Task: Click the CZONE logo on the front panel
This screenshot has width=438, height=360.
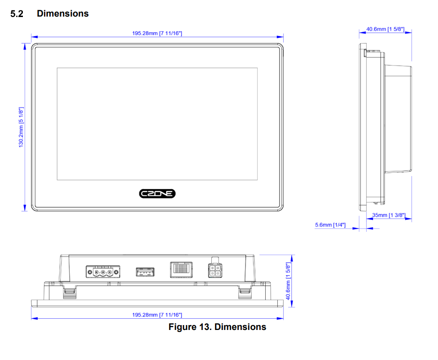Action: coord(157,194)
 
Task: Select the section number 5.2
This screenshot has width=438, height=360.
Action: coord(17,14)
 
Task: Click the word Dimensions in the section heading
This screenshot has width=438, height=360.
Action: coord(63,14)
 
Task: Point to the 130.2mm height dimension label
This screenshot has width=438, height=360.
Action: coord(21,126)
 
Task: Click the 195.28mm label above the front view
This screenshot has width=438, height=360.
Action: coord(157,33)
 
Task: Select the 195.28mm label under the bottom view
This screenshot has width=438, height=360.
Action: coord(157,315)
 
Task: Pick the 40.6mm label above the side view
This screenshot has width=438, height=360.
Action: coord(385,29)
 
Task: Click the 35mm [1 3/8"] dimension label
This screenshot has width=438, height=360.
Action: coord(389,215)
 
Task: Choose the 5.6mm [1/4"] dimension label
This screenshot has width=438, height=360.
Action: coord(330,224)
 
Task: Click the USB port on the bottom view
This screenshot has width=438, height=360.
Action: coord(145,272)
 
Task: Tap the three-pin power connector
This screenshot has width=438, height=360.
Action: coord(103,272)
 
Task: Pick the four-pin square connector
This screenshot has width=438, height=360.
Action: coord(214,271)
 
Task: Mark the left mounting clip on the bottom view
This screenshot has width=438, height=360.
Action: coord(69,292)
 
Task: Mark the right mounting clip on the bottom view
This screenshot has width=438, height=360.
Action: coord(245,292)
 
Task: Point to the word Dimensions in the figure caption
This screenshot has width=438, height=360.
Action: coord(240,327)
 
